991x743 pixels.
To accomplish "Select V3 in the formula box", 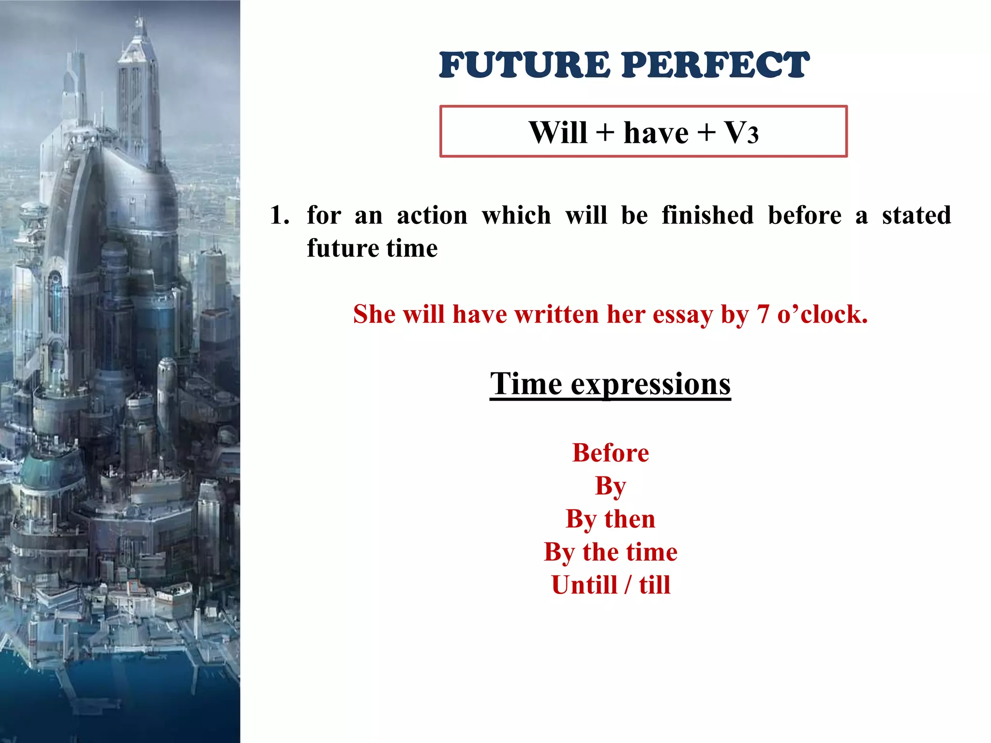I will pyautogui.click(x=741, y=133).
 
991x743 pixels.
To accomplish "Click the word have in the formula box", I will pyautogui.click(x=656, y=133).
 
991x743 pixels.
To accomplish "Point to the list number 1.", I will pyautogui.click(x=279, y=215).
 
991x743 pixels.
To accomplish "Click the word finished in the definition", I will pyautogui.click(x=707, y=215).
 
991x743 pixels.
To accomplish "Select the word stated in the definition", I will pyautogui.click(x=916, y=215).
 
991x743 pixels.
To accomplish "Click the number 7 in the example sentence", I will pyautogui.click(x=763, y=314).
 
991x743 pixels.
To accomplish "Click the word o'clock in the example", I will pyautogui.click(x=822, y=314).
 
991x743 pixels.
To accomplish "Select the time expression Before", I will pyautogui.click(x=610, y=453).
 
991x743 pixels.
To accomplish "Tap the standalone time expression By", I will pyautogui.click(x=610, y=487).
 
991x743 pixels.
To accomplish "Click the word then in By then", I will pyautogui.click(x=630, y=519).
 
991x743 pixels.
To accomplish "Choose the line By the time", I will pyautogui.click(x=610, y=552).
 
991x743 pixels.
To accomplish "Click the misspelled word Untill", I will pyautogui.click(x=584, y=585).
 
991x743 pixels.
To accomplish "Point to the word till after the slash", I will pyautogui.click(x=654, y=585).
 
